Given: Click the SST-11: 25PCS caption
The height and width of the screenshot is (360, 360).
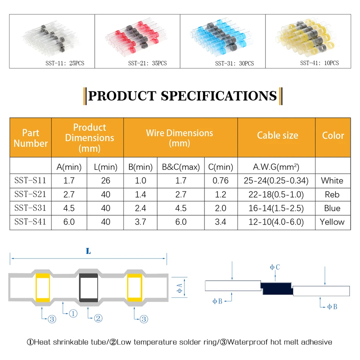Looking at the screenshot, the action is (63, 63).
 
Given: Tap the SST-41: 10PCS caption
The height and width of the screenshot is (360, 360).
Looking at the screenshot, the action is (319, 63).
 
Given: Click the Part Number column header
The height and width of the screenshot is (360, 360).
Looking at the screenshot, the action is (31, 138).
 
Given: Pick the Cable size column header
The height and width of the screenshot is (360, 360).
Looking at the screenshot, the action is (277, 135).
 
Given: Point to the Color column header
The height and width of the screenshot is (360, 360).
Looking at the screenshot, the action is (333, 135).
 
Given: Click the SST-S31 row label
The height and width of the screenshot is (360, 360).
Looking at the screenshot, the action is (30, 208).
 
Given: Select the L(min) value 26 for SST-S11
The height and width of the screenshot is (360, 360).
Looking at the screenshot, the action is (105, 180).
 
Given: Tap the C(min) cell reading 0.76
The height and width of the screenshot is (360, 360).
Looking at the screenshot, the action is (220, 180).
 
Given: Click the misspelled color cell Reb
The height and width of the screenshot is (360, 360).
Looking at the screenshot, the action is (332, 194).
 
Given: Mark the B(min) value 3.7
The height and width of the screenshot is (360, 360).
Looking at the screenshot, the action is (140, 222).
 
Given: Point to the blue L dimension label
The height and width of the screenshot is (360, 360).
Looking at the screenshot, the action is (88, 252).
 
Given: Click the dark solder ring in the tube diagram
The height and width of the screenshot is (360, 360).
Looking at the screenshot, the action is (89, 288).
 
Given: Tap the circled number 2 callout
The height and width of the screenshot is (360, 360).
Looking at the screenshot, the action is (98, 318).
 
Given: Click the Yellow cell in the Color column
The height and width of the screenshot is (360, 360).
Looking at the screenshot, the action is (332, 222).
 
